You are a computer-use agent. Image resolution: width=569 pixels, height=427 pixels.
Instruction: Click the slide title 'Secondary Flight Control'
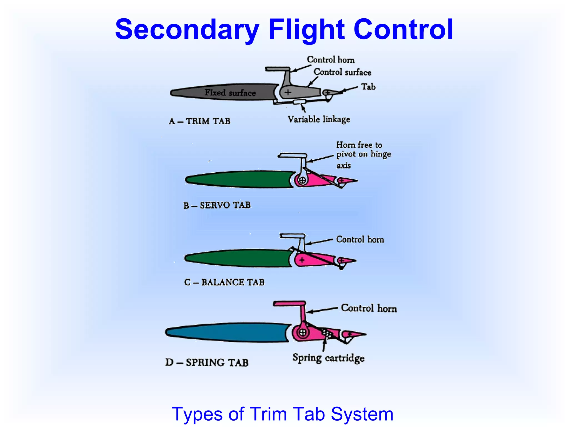284,29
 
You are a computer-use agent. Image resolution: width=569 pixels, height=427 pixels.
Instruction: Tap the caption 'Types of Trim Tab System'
282,414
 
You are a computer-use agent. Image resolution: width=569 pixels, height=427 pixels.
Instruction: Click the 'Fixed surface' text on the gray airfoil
230,93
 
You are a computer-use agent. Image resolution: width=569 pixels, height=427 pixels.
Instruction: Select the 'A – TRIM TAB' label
199,121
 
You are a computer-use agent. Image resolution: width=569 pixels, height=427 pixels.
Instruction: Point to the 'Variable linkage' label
319,120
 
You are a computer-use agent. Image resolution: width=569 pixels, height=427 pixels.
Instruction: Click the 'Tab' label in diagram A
368,87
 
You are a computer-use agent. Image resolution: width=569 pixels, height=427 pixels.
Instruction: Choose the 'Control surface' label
342,72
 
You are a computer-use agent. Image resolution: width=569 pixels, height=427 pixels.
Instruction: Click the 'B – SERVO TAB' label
217,205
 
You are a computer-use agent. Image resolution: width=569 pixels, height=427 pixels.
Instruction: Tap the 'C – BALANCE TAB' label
224,282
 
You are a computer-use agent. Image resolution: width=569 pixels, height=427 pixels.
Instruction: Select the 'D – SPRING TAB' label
207,362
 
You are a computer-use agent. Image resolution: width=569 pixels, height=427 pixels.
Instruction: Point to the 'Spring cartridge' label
328,358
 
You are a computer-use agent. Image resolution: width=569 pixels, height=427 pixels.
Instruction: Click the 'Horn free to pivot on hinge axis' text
363,154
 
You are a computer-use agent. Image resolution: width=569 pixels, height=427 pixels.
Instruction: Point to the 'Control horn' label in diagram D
369,308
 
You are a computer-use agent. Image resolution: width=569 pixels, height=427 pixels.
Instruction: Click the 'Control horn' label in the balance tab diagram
360,239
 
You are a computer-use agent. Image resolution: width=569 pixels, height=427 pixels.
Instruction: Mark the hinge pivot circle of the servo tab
302,180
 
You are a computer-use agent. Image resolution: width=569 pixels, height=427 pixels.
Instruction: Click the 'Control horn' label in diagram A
331,59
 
